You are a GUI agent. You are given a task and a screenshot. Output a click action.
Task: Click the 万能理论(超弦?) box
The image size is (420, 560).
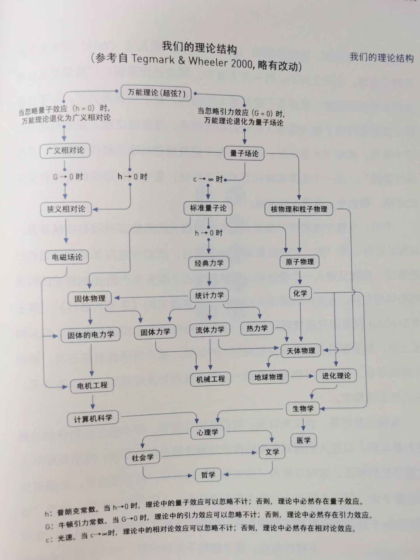click(156, 93)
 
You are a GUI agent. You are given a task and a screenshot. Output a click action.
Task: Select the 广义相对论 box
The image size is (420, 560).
click(65, 151)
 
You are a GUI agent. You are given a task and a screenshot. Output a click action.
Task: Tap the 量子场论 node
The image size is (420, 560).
click(244, 153)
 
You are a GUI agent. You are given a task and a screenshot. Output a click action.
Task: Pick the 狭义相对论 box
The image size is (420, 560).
click(66, 209)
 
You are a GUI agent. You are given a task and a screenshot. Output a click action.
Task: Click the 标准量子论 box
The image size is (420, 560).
click(208, 208)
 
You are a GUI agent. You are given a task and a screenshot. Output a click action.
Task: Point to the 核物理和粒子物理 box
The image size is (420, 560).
click(299, 209)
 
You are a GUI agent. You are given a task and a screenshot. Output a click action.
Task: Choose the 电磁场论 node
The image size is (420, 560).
click(67, 257)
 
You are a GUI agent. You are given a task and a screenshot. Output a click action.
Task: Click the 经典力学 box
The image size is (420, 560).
click(209, 263)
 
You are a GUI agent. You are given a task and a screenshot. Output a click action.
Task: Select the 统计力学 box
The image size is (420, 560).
click(209, 295)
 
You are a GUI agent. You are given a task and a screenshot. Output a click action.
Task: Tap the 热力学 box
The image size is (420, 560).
click(257, 328)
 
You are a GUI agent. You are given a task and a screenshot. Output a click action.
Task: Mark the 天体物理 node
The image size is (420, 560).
click(300, 351)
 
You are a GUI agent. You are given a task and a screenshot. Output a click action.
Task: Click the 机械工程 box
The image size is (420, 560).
click(210, 379)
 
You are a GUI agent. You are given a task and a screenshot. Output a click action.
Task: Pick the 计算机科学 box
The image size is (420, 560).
click(93, 419)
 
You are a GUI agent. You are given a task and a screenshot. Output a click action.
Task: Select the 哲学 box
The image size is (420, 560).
click(208, 475)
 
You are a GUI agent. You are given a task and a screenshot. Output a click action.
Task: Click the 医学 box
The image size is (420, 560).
click(303, 440)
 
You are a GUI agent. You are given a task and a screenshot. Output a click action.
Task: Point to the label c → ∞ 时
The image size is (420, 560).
click(208, 179)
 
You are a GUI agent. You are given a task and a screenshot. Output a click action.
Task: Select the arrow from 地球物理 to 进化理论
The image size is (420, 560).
click(302, 376)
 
